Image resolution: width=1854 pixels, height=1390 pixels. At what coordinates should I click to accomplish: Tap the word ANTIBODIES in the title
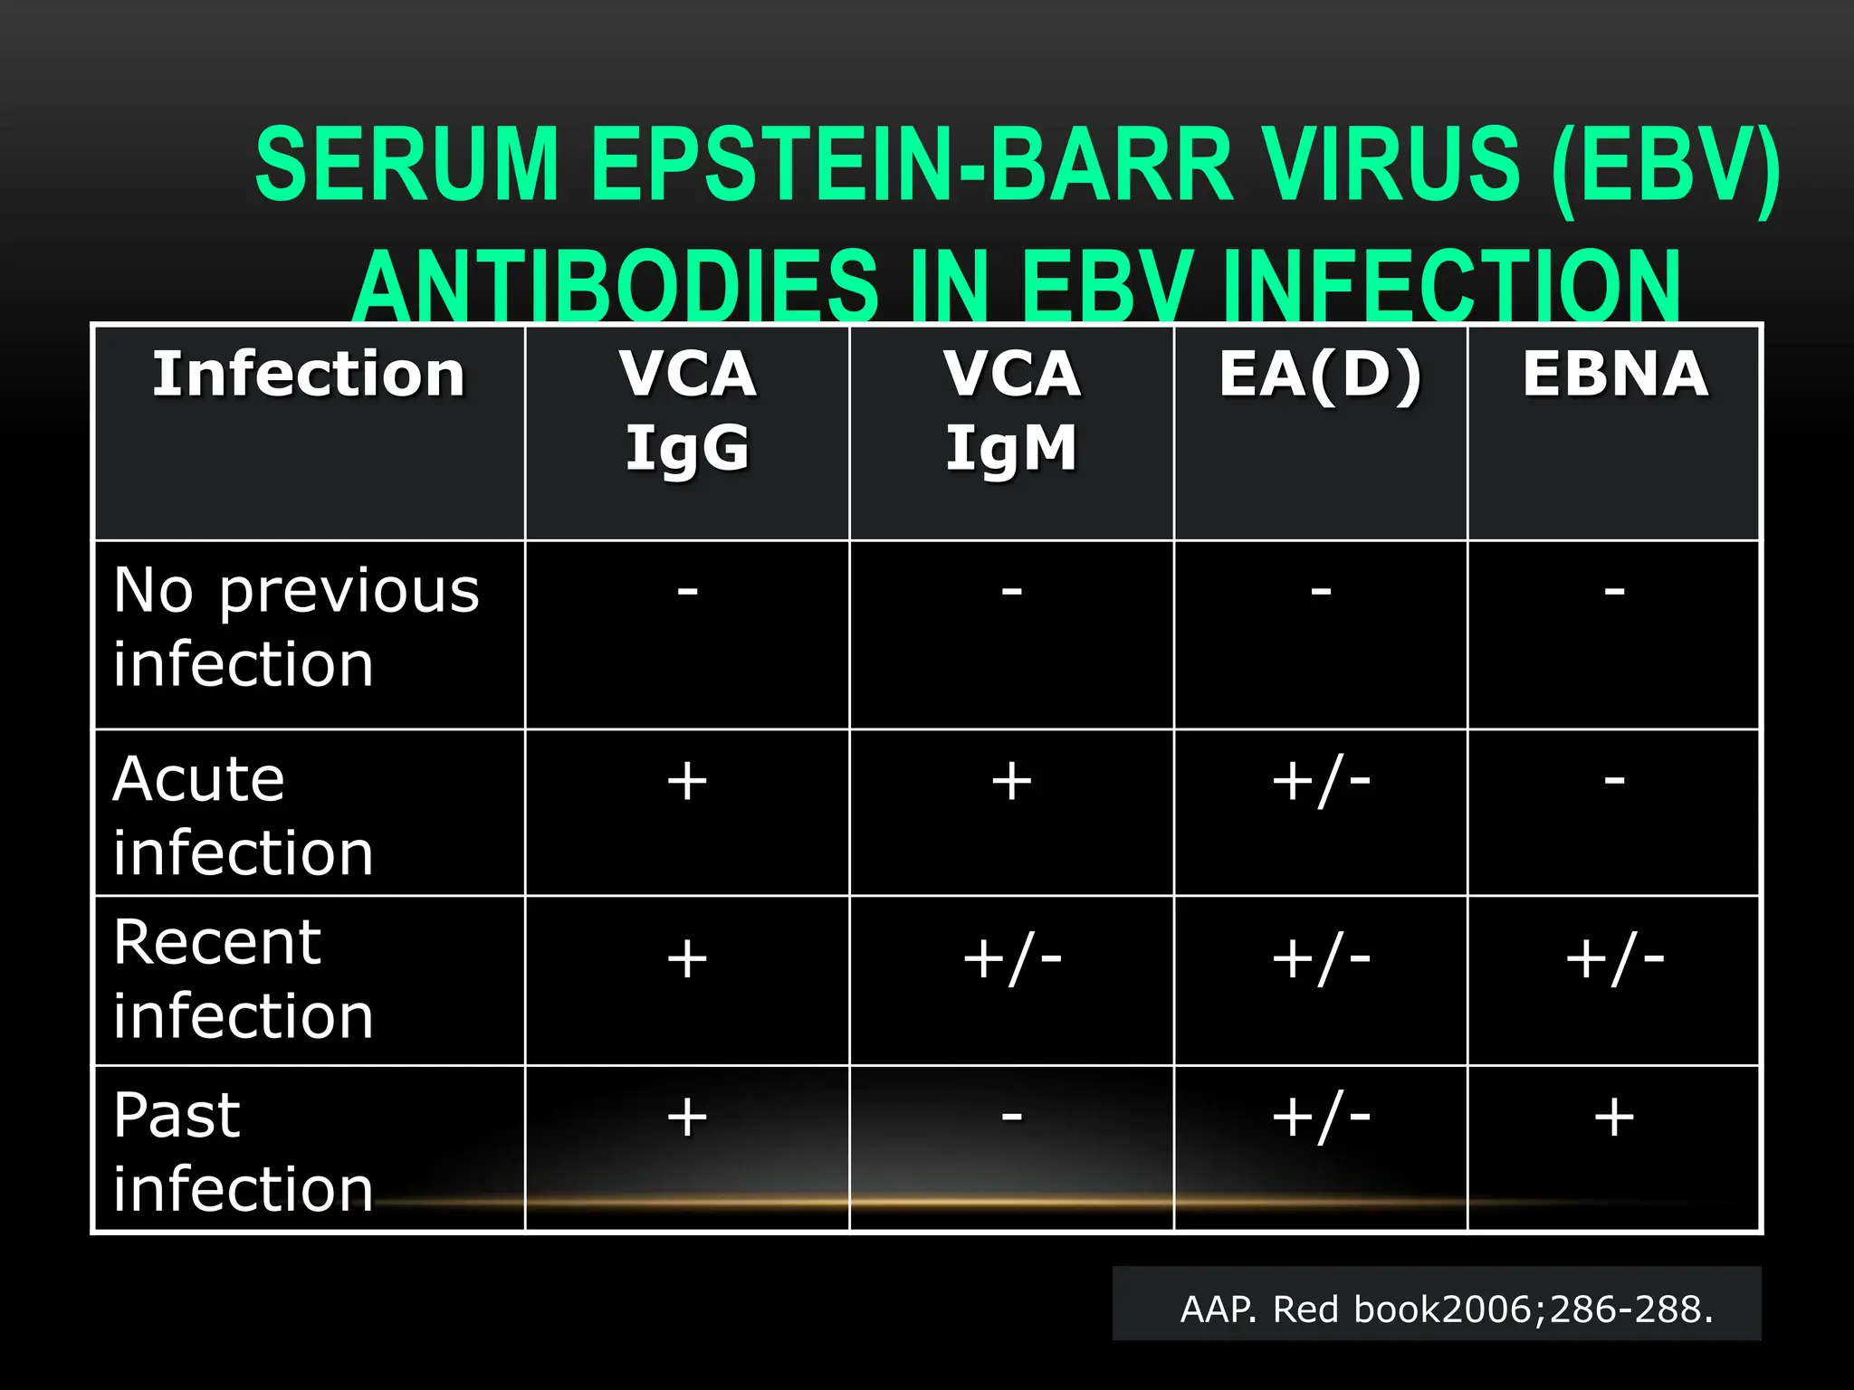pos(616,286)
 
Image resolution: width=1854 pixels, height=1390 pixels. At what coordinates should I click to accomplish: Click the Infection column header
pos(309,375)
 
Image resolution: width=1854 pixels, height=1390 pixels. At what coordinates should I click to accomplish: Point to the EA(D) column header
pos(1321,375)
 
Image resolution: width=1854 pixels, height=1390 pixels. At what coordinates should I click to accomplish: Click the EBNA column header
pos(1615,375)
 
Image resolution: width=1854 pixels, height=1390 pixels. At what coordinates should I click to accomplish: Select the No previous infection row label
pos(296,627)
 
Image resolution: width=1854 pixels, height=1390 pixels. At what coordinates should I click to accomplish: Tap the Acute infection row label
pos(243,815)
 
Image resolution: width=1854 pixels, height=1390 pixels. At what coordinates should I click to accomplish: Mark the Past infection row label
pos(243,1151)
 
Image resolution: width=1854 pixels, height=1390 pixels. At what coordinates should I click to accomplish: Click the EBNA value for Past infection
pos(1614,1117)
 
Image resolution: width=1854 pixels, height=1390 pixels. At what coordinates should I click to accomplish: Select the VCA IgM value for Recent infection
pos(1011,959)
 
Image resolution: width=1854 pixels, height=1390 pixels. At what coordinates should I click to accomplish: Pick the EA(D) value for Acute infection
pos(1321,781)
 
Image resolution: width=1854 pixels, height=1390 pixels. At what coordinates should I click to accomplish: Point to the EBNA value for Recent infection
pos(1614,959)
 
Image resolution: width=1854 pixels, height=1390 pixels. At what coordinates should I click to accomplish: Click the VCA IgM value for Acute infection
pos(1011,781)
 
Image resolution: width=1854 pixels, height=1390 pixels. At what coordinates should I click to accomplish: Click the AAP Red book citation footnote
pos(1446,1309)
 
